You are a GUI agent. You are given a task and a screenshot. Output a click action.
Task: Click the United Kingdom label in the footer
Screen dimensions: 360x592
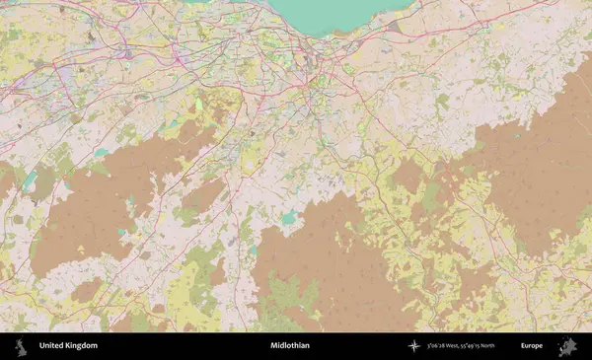[68, 346]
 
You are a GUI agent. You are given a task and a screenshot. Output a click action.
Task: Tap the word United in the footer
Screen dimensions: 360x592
[52, 346]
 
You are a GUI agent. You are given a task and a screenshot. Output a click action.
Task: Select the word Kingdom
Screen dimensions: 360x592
[82, 346]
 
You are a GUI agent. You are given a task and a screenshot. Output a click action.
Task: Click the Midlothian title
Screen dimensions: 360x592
[289, 346]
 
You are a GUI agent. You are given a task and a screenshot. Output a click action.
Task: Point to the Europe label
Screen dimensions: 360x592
[533, 346]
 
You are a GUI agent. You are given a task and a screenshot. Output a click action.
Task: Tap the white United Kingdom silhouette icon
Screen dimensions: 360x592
[20, 346]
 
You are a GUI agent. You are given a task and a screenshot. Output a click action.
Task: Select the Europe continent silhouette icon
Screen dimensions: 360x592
[567, 346]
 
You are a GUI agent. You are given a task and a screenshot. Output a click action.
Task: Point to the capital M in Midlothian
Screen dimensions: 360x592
[272, 346]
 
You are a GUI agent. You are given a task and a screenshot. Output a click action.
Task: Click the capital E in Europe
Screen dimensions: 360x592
[523, 346]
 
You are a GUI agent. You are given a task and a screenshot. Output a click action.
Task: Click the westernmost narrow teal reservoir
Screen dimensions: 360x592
[30, 180]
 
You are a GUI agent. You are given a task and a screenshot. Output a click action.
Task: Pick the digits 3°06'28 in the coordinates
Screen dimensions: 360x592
[439, 346]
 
